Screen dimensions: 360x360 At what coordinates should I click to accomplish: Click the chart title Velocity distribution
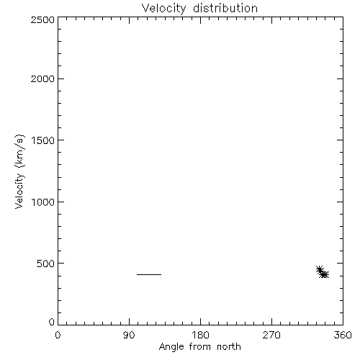point(199,9)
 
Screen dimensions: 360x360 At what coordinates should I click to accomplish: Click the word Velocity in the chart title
point(163,9)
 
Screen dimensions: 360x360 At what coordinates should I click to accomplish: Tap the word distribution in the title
point(225,8)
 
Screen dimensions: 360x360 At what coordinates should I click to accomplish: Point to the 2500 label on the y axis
point(42,19)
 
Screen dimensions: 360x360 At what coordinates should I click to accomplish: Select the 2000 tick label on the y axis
point(42,78)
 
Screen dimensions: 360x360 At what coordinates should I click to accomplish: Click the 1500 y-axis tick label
point(43,140)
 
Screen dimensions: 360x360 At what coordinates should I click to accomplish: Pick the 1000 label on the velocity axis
point(43,202)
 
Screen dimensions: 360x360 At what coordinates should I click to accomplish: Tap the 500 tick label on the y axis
point(46,264)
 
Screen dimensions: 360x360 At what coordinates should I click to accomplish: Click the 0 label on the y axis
point(52,322)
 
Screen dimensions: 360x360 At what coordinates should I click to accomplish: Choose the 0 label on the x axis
point(58,335)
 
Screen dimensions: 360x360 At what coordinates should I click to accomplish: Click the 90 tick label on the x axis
point(129,335)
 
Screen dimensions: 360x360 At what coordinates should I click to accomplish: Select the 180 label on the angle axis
point(200,335)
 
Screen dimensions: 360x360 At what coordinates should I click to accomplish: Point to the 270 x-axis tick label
point(271,335)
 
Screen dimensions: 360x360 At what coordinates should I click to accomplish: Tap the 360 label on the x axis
point(343,335)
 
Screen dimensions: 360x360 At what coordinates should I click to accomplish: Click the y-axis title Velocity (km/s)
point(19,171)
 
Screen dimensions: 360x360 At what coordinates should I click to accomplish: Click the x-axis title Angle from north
point(199,347)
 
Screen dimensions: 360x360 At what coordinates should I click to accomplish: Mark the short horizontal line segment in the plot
point(149,274)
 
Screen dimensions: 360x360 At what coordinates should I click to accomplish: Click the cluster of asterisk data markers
point(323,272)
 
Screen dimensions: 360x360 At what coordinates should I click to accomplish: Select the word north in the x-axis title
point(229,346)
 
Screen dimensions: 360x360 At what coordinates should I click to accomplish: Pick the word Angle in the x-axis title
point(171,347)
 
